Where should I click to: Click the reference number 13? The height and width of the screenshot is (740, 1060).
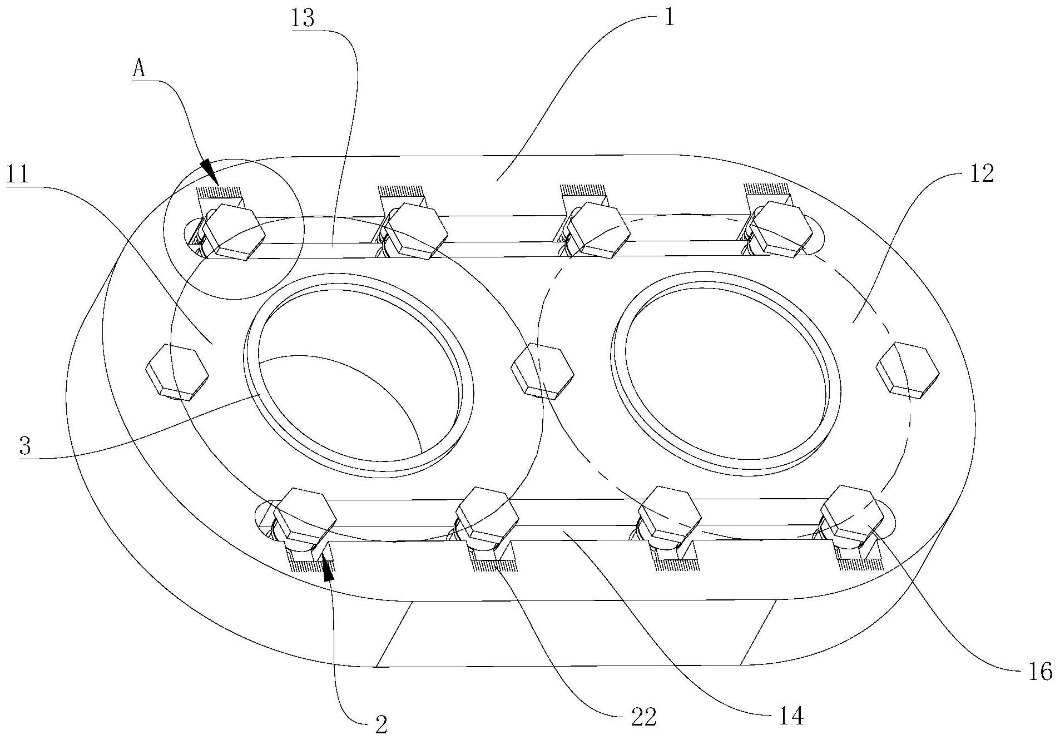coord(303,18)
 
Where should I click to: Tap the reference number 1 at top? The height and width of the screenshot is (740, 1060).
coord(669,18)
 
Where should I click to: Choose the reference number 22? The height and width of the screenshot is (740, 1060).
coord(643,717)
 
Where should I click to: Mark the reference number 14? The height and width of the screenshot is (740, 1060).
coord(791,717)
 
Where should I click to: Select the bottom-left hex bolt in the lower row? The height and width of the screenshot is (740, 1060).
coord(304,517)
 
